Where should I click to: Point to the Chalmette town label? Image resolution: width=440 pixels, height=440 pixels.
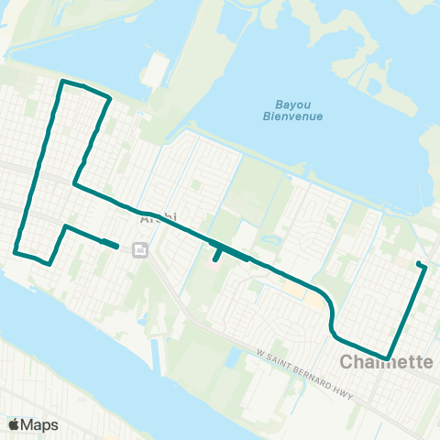click(x=386, y=362)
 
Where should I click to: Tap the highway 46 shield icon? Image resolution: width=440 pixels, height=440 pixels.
click(x=139, y=249)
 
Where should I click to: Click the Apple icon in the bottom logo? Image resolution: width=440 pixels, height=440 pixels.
click(x=14, y=424)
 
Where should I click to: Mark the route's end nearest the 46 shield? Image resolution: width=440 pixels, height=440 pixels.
click(x=116, y=246)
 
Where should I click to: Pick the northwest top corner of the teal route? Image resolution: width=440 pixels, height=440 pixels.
click(x=62, y=82)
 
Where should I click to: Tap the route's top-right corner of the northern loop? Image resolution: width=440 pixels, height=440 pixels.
click(x=110, y=96)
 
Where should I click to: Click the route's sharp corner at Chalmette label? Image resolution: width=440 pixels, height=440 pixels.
click(x=389, y=357)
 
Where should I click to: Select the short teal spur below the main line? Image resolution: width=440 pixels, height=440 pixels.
click(x=216, y=254)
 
